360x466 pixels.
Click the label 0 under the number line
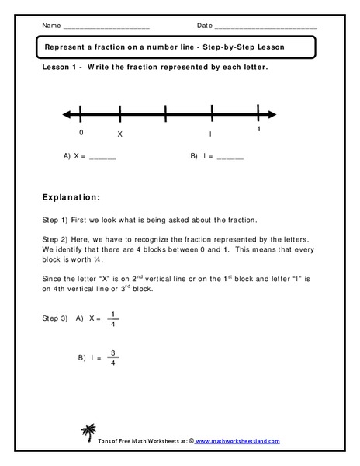[81, 132]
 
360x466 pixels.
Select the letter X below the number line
[119, 134]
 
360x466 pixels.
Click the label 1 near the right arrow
[259, 130]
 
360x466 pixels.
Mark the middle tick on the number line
[166, 115]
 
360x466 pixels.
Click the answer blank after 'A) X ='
[103, 157]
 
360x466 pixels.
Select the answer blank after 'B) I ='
[230, 157]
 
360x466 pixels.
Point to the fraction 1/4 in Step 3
[113, 318]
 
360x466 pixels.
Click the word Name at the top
[51, 26]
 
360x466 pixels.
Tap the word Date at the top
[205, 26]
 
